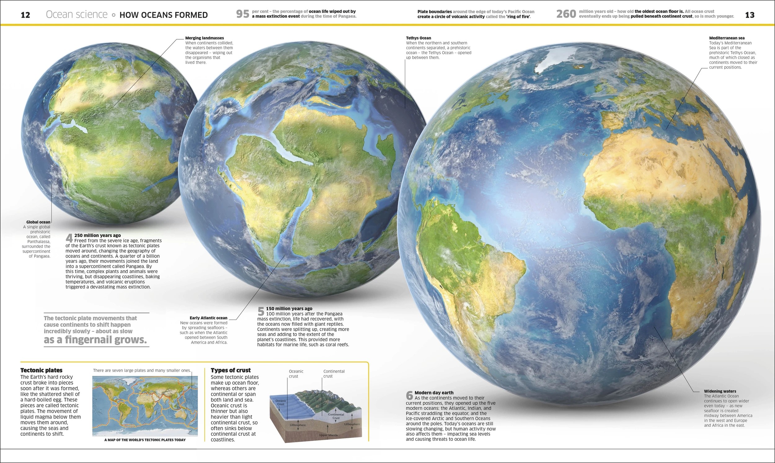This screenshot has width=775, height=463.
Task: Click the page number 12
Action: tap(25, 15)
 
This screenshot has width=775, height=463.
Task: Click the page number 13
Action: tap(749, 15)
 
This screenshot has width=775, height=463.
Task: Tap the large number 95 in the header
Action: tap(243, 14)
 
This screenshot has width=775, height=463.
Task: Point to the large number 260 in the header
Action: tap(566, 14)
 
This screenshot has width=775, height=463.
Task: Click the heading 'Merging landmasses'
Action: tap(204, 38)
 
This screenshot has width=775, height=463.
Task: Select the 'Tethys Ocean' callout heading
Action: tap(418, 38)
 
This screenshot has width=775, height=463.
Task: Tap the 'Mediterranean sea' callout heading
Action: tap(727, 38)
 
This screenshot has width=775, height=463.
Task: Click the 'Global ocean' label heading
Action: tap(38, 222)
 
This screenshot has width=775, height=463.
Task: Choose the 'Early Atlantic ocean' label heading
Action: tap(208, 318)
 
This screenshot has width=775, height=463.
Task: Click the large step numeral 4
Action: tap(69, 238)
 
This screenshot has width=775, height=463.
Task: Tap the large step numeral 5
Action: tap(261, 311)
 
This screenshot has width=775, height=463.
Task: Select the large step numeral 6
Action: tap(409, 396)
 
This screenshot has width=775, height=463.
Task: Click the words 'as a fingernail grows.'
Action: tap(95, 340)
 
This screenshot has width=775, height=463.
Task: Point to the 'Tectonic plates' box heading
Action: tap(41, 370)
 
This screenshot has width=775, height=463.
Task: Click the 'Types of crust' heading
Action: tap(231, 370)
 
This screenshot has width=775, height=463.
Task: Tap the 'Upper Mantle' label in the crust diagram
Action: tap(328, 435)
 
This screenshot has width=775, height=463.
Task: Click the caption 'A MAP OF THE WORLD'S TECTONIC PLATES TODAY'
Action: tap(145, 440)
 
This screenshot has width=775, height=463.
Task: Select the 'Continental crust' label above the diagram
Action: tap(334, 373)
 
